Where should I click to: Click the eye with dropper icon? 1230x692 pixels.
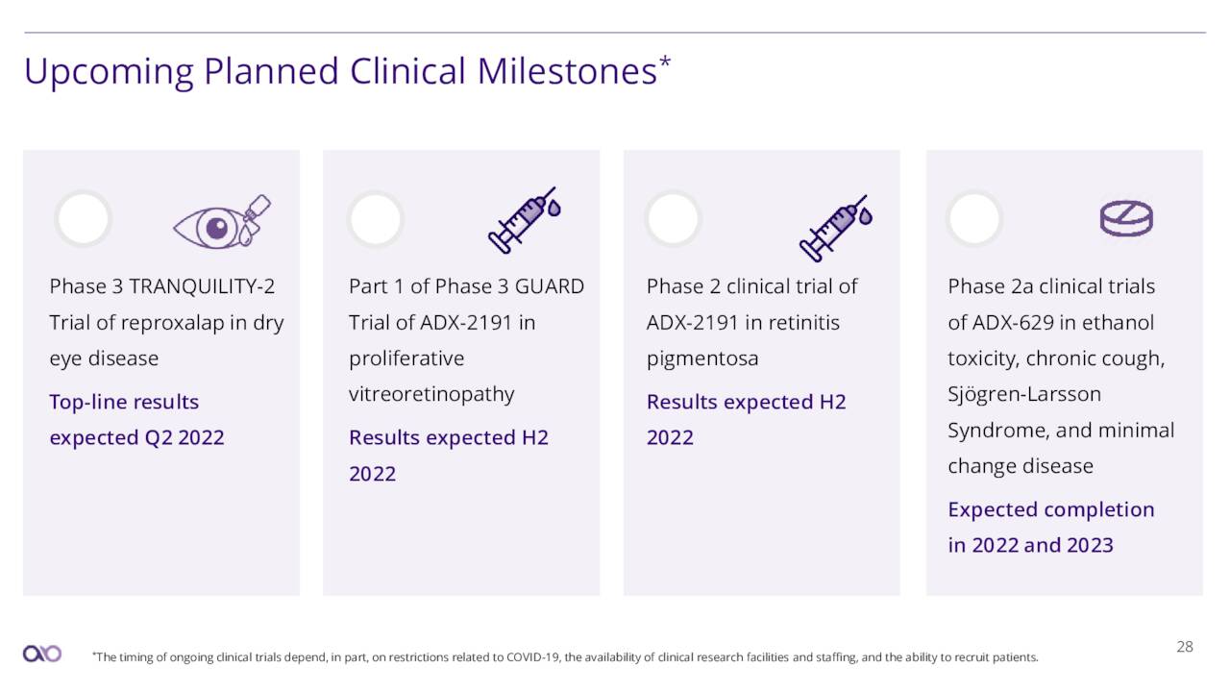(x=222, y=223)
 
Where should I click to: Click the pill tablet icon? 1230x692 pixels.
(x=1125, y=219)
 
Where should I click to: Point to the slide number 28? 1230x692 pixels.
(x=1185, y=647)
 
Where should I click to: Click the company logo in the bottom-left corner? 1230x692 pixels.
(x=42, y=654)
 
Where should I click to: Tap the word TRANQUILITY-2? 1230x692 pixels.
(x=202, y=286)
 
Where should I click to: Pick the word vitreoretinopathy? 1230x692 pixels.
(x=431, y=394)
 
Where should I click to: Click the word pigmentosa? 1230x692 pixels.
(x=702, y=358)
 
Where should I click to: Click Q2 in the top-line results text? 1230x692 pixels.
(x=158, y=437)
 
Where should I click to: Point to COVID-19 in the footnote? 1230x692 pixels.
(x=529, y=657)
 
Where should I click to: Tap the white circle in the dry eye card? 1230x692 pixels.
(x=83, y=219)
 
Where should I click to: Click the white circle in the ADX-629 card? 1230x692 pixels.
(x=974, y=219)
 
